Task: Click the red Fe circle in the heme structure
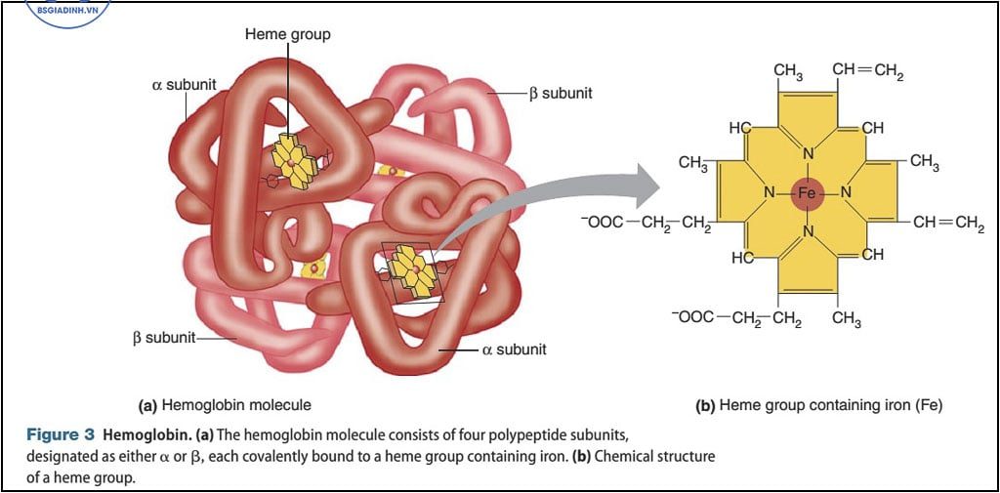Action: click(x=807, y=193)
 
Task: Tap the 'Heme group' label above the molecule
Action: click(x=287, y=34)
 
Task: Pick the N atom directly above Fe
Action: click(x=808, y=153)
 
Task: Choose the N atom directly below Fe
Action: click(x=808, y=231)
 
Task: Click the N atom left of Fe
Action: click(x=770, y=193)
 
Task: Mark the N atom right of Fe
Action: click(x=846, y=193)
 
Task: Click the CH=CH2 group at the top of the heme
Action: click(x=867, y=70)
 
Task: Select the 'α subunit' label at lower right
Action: click(x=514, y=349)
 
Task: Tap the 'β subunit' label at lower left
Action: click(x=163, y=338)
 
